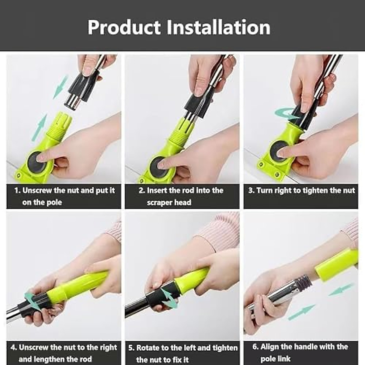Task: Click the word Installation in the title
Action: [x=218, y=27]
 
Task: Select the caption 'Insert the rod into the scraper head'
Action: [x=181, y=196]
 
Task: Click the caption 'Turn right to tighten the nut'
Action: [x=301, y=191]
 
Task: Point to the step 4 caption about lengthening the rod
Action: [x=64, y=353]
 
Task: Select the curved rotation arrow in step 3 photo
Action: [x=284, y=114]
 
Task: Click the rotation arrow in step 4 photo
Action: [x=30, y=300]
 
